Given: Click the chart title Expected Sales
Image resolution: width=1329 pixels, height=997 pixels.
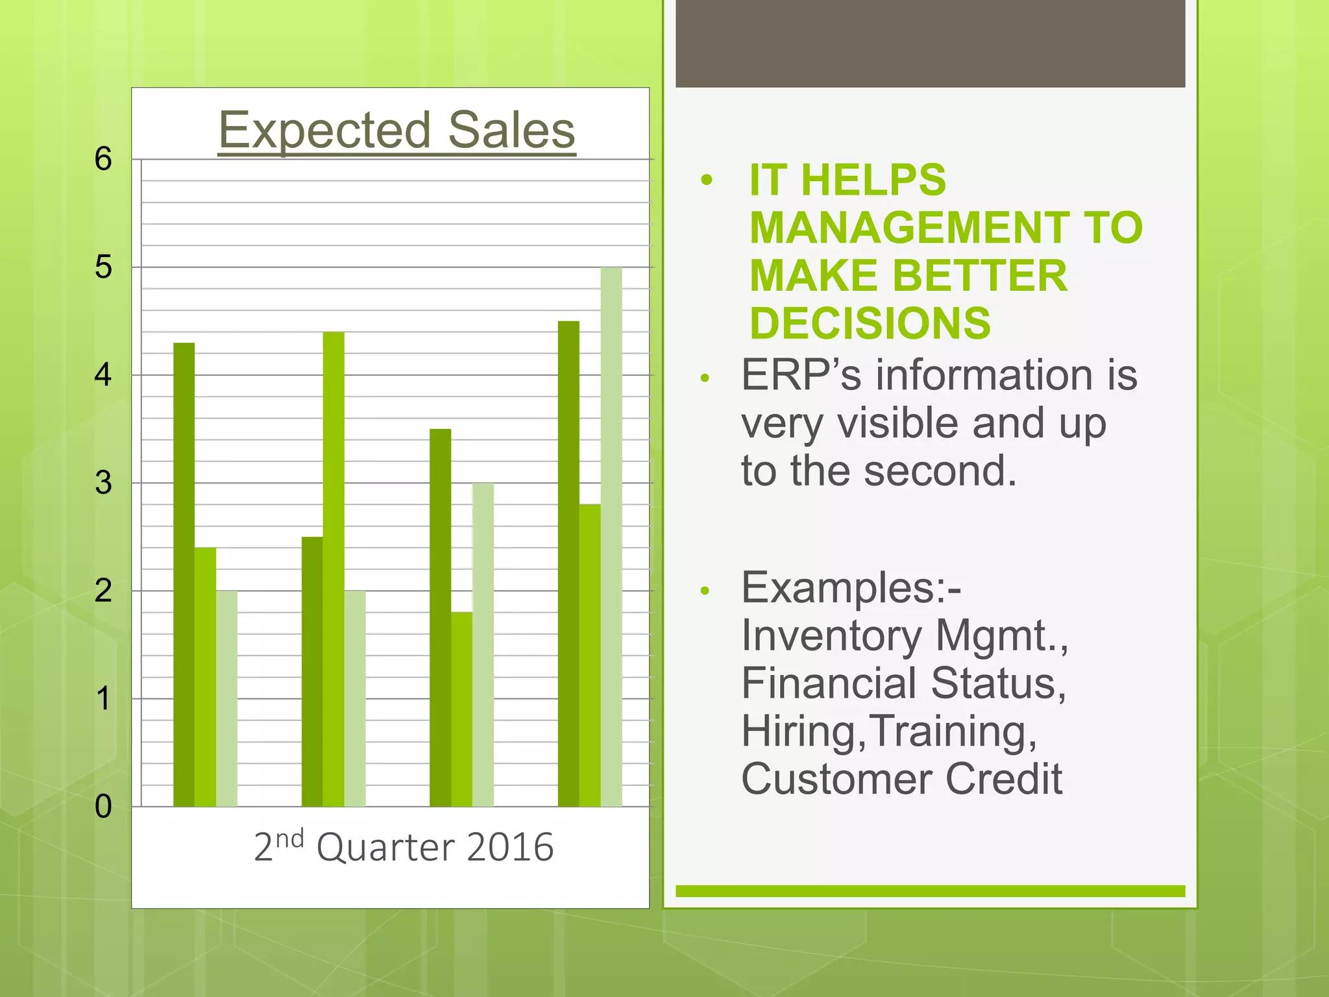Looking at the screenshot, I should tap(396, 130).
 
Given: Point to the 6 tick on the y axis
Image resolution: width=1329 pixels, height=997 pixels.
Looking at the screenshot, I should tap(103, 159).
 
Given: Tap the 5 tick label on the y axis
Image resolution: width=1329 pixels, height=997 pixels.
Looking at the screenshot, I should tap(103, 267).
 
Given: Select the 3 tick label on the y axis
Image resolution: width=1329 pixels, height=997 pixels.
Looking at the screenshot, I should tap(103, 483).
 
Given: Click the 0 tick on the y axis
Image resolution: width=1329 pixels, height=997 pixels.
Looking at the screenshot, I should tap(103, 807).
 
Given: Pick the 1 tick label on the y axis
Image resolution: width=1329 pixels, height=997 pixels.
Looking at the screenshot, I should tap(103, 699).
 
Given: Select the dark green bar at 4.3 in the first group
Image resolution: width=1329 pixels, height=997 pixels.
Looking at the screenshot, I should tap(184, 574).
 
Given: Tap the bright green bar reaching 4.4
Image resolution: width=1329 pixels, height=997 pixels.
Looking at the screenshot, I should tap(334, 569).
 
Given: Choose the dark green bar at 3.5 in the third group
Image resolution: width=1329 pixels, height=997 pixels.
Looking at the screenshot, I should tap(441, 617).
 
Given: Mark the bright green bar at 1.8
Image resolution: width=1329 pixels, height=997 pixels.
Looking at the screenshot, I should tap(462, 709).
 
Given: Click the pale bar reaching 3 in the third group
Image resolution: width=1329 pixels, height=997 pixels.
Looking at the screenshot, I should tap(483, 645).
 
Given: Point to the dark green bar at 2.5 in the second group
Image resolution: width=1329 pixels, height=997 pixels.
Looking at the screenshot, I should tap(312, 672).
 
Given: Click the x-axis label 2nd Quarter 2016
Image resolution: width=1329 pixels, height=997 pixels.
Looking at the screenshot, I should tap(404, 846).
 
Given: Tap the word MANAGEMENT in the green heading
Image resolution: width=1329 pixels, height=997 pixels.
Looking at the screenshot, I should tap(908, 228).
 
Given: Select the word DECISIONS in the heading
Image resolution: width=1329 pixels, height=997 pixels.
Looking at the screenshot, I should tap(870, 323).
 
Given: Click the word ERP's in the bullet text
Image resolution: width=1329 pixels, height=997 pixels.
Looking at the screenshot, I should tap(801, 375).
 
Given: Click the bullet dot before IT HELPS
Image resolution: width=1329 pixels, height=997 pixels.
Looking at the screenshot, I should tap(707, 180).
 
